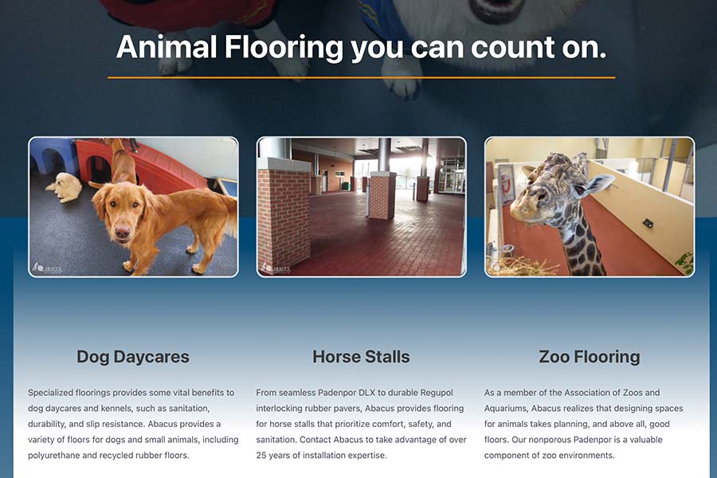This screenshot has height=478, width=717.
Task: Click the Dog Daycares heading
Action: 132,357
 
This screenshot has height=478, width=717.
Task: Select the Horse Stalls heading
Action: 361,357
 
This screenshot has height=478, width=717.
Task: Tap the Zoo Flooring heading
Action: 590,357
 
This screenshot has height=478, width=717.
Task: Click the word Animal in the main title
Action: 167,47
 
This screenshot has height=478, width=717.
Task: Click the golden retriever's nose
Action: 123,233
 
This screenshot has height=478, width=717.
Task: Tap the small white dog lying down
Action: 65,186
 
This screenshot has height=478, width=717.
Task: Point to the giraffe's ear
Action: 599,184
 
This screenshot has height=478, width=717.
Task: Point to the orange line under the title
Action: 361,78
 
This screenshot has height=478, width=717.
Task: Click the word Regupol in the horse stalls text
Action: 437,393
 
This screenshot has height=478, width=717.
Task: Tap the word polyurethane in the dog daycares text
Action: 54,455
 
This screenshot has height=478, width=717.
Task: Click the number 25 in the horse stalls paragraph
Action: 261,455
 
